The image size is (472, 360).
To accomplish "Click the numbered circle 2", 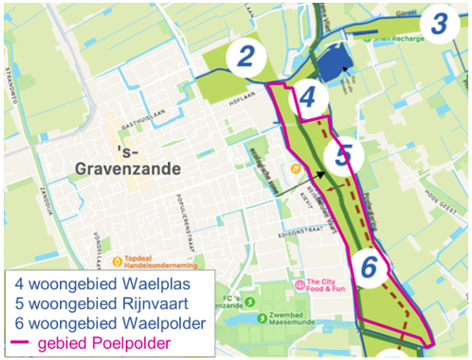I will (x=244, y=57).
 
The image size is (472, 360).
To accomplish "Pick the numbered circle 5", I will (x=343, y=155).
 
